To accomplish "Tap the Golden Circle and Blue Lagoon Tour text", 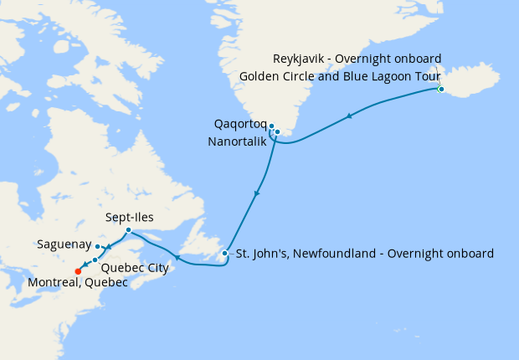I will pyautogui.click(x=340, y=75).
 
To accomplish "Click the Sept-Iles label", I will pyautogui.click(x=128, y=217).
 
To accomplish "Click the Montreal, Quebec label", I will pyautogui.click(x=77, y=283).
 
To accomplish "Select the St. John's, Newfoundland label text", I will pyautogui.click(x=364, y=253).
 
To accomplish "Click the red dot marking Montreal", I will pyautogui.click(x=78, y=270).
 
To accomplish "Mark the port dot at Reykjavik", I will pyautogui.click(x=440, y=89).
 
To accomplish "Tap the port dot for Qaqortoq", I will pyautogui.click(x=271, y=126).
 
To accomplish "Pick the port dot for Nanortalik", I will pyautogui.click(x=277, y=131).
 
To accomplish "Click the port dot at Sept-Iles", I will pyautogui.click(x=127, y=230).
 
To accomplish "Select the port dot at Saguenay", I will pyautogui.click(x=98, y=246).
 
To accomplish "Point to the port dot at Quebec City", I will pyautogui.click(x=95, y=260).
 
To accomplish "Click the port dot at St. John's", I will pyautogui.click(x=224, y=253).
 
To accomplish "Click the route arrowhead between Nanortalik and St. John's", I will pyautogui.click(x=256, y=193).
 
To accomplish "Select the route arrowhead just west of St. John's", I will pyautogui.click(x=176, y=258).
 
